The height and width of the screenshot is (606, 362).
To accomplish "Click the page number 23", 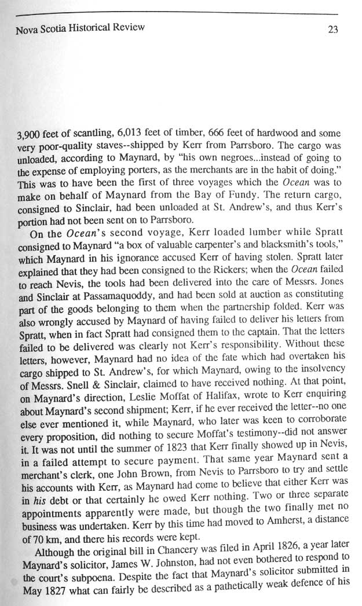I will click(332, 31).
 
